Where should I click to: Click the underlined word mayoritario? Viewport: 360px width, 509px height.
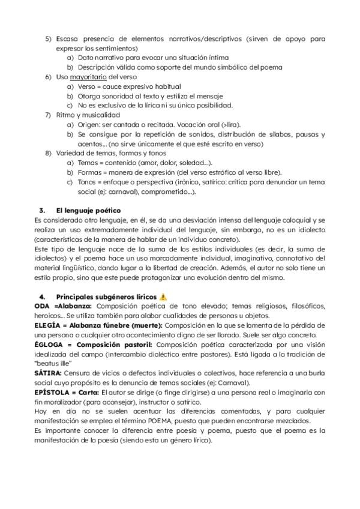[x=88, y=77]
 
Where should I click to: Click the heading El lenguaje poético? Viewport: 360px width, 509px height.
[x=88, y=211]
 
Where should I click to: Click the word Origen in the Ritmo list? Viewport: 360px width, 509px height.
[x=89, y=124]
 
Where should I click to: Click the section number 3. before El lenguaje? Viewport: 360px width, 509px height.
[x=42, y=211]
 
